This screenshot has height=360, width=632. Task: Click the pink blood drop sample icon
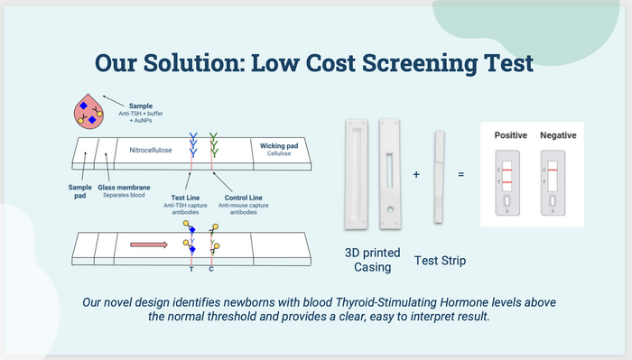90,113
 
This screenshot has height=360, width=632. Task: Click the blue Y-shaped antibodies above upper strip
191,141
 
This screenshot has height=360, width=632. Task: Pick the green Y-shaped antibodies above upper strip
213,141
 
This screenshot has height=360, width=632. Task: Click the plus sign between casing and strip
416,173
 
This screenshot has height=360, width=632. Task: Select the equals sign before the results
461,173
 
